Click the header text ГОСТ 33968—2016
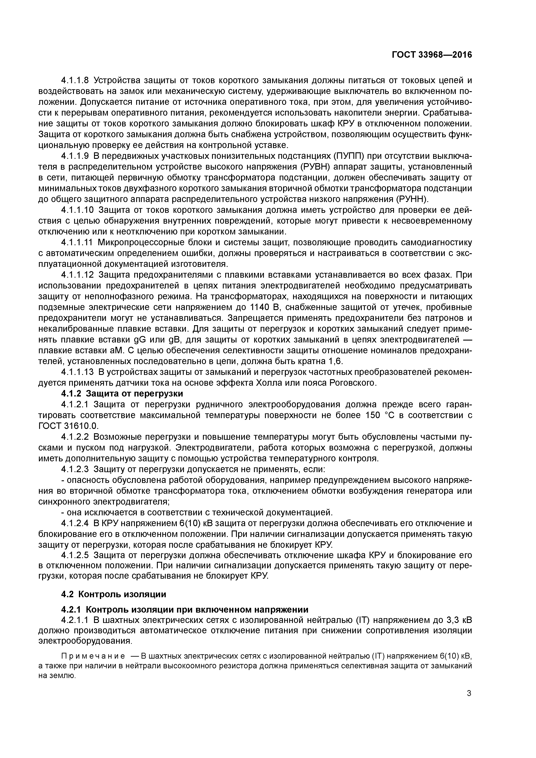(432, 55)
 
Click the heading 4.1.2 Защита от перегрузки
(122, 393)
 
